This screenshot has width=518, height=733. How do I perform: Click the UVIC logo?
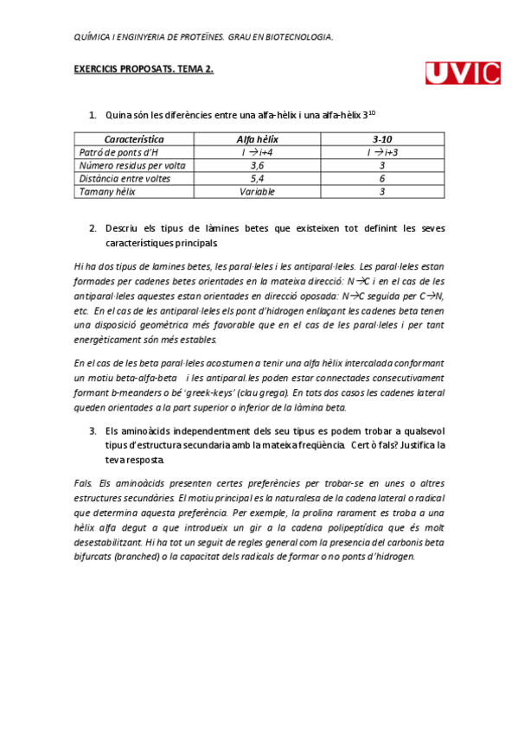[x=463, y=73]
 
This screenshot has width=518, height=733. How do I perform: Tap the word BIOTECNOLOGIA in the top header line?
[x=299, y=36]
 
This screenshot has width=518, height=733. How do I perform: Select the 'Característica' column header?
[x=134, y=139]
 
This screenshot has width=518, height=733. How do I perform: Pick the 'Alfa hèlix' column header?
[x=258, y=139]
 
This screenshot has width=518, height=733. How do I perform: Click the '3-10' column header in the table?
[x=382, y=139]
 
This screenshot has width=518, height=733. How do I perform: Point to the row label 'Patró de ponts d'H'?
[x=114, y=152]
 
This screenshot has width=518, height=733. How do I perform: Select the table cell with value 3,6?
[x=258, y=165]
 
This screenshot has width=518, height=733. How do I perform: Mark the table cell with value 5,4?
[x=258, y=178]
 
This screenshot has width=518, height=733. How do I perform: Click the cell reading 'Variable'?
[x=258, y=191]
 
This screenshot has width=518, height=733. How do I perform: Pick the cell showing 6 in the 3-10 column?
[x=382, y=178]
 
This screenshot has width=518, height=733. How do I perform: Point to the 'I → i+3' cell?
[x=382, y=152]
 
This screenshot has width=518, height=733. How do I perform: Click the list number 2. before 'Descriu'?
[x=93, y=229]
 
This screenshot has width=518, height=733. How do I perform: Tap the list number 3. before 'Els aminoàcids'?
[x=93, y=430]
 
